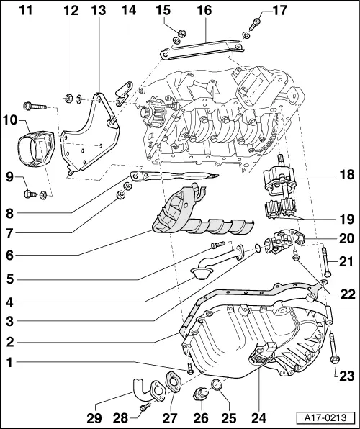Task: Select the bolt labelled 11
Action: click(x=35, y=107)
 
